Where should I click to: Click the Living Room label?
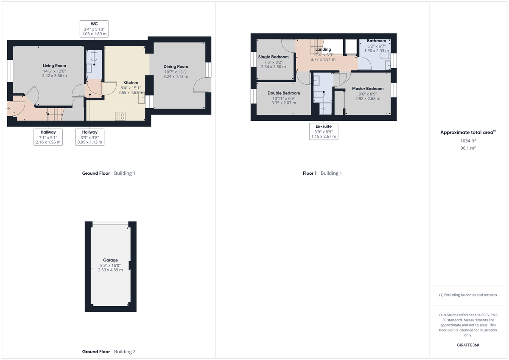coord(54,66)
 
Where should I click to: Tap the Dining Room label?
coord(176,67)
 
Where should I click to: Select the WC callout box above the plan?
coord(94,28)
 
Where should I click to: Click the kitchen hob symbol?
coord(120,115)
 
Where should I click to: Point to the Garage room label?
coord(110,260)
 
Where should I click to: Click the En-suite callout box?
coord(324,131)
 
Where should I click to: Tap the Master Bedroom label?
coord(367,89)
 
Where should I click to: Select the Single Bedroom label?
coord(273,57)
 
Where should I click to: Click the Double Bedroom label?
coord(283,93)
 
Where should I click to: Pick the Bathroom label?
coord(376,41)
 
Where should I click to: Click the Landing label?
coord(323,50)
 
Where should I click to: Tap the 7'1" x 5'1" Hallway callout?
coord(48,137)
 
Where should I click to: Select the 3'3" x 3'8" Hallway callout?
coord(89,137)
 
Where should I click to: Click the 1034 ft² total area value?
coord(468,140)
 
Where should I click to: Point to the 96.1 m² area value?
coord(468,148)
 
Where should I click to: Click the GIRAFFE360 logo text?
coord(468,345)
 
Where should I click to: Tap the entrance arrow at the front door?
coord(9,109)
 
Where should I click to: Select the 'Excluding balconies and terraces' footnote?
coord(468,295)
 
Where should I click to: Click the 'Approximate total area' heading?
coord(467,133)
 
